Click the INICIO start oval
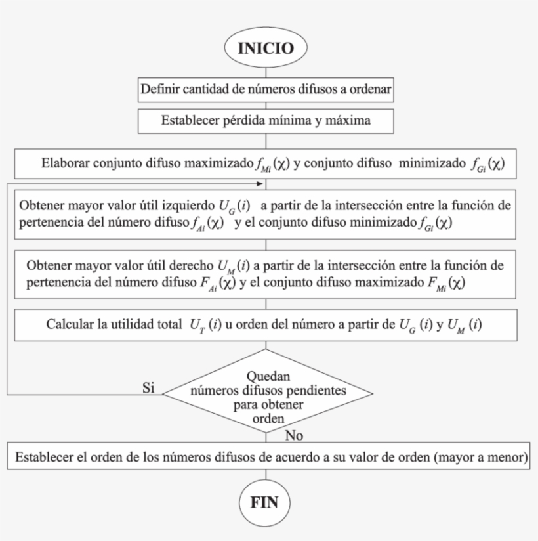pyautogui.click(x=265, y=49)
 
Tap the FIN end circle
pyautogui.click(x=265, y=503)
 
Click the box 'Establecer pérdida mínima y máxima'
pyautogui.click(x=265, y=120)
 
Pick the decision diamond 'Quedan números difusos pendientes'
pyautogui.click(x=268, y=394)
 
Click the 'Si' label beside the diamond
pyautogui.click(x=148, y=387)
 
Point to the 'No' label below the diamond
pyautogui.click(x=296, y=435)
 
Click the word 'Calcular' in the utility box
pyautogui.click(x=68, y=324)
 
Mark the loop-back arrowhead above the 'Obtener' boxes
pyautogui.click(x=266, y=180)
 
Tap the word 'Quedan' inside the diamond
pyautogui.click(x=267, y=378)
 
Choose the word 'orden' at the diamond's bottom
pyautogui.click(x=267, y=418)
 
